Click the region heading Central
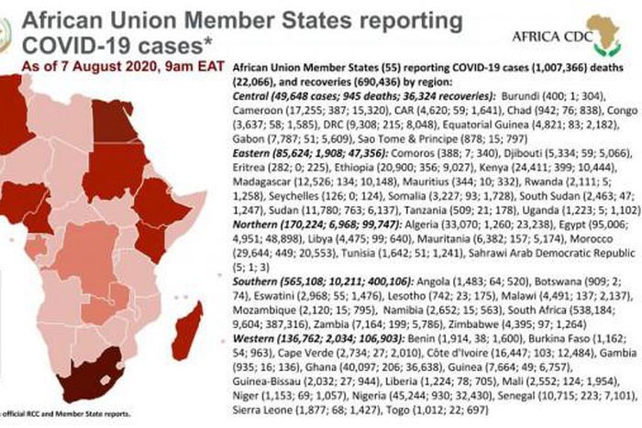click(x=255, y=95)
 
